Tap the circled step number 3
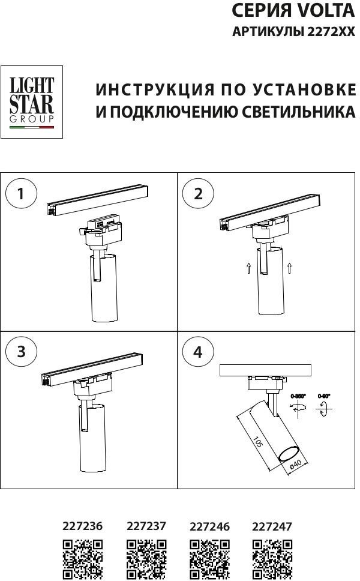point(22,352)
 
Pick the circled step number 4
point(199,352)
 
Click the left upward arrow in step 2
point(248,267)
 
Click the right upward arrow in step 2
point(290,267)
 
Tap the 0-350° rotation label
point(298,396)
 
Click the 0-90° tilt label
point(324,396)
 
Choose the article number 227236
point(83,526)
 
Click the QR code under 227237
point(146,558)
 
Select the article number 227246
point(209,526)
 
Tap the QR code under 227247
point(272,558)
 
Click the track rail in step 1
point(99,197)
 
